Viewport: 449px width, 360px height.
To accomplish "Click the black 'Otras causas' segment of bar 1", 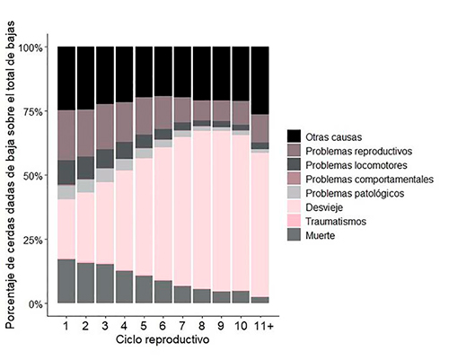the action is point(66,78).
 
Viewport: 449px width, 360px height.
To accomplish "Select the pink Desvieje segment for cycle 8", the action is point(202,210).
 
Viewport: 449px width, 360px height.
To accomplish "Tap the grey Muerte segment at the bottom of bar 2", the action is point(85,283).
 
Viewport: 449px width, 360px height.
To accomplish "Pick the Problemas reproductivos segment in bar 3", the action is point(105,127).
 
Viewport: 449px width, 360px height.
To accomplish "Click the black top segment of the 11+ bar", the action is point(260,81).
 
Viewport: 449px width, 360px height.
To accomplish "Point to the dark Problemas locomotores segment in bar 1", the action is point(66,172).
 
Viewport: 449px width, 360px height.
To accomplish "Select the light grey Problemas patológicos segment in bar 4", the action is point(125,164).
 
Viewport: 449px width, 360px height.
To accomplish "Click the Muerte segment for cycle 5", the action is point(144,289).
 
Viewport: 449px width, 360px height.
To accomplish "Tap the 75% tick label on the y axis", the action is point(32,111).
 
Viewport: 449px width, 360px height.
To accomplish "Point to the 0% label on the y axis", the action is point(36,304).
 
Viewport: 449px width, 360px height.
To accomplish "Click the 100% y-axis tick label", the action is point(31,48).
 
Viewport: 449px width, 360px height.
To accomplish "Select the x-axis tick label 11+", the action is point(263,326).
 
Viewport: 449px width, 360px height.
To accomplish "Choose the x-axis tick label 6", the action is point(163,326).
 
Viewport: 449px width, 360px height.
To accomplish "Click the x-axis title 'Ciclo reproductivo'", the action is point(163,340).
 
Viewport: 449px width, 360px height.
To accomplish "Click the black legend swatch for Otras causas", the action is point(294,136).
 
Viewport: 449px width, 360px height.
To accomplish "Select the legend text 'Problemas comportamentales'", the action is point(369,180).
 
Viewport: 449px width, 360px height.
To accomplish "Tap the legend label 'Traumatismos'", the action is point(336,222).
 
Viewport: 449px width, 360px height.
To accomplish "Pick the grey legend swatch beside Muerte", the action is point(294,234).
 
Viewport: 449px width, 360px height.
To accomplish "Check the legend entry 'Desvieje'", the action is point(324,207).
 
